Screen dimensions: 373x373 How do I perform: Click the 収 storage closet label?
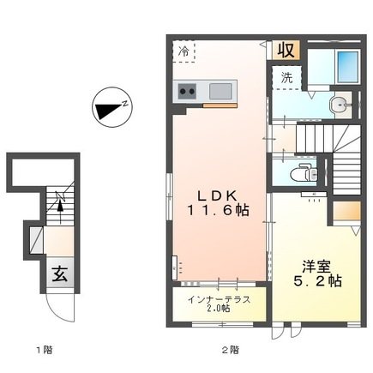(x=286, y=51)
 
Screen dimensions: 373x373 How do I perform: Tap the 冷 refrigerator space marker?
(x=183, y=51)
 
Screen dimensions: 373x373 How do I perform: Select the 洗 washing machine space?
(x=286, y=78)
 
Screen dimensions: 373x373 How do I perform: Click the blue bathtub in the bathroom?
(x=348, y=67)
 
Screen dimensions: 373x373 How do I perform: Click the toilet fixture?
(x=304, y=172)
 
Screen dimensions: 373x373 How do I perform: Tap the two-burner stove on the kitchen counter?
(x=187, y=91)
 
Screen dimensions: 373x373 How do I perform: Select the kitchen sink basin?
(x=220, y=91)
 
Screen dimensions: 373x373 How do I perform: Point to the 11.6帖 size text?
(x=218, y=211)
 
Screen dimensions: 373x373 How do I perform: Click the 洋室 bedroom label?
(x=316, y=267)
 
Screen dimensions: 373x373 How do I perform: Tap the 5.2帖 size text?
(x=317, y=281)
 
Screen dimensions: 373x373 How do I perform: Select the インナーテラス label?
(x=220, y=300)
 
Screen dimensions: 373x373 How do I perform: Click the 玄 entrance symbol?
(x=60, y=274)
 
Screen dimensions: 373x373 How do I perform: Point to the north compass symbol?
(x=113, y=107)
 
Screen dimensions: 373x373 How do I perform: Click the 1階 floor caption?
(x=45, y=350)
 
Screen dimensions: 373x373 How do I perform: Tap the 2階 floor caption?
(x=231, y=350)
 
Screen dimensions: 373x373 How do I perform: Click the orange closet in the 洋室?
(x=346, y=211)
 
